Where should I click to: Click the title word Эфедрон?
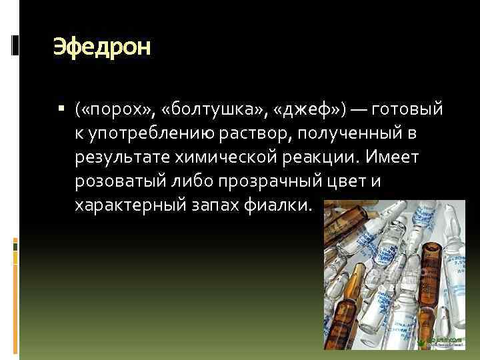[102, 47]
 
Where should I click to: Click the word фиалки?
[284, 206]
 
